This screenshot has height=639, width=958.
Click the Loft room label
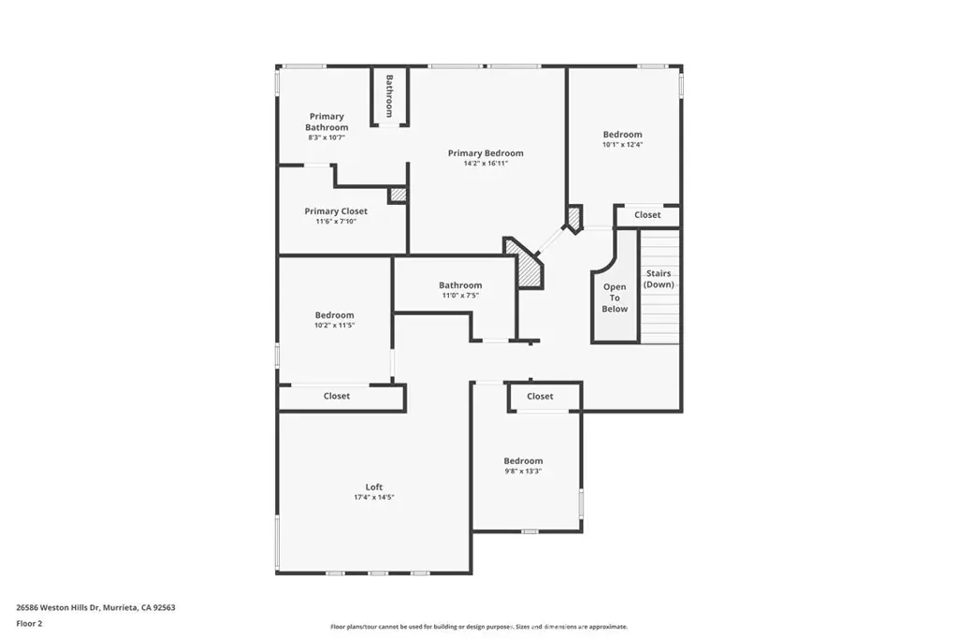point(374,487)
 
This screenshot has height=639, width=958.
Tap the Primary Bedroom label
point(486,153)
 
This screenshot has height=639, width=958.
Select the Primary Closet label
point(336,211)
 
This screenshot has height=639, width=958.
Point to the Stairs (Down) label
point(659,279)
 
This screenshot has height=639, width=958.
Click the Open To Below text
point(615,298)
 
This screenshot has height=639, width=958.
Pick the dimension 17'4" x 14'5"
point(374,498)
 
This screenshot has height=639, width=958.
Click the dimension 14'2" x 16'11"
point(486,164)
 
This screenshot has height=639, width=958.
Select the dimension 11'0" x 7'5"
point(460,296)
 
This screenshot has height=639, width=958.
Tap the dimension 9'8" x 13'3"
point(523,471)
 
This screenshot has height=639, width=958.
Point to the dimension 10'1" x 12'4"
point(622,145)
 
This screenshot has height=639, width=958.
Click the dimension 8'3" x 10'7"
point(327,138)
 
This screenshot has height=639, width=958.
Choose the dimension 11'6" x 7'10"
point(336,222)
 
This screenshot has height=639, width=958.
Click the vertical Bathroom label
point(389,96)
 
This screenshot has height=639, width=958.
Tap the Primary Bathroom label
point(327,122)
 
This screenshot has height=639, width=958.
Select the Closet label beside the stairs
point(647,215)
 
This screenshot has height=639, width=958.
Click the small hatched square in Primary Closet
point(398,195)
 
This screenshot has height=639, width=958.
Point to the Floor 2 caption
point(29,624)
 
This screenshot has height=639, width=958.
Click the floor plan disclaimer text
point(479,627)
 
